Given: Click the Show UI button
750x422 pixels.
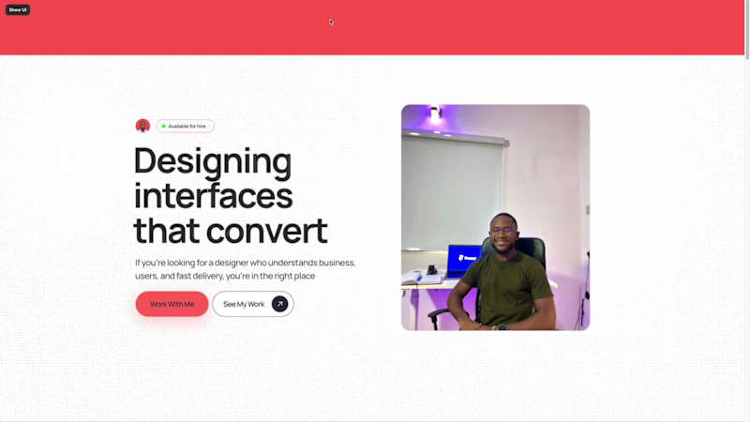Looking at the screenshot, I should pyautogui.click(x=18, y=9).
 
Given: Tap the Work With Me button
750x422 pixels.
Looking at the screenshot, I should pyautogui.click(x=172, y=304).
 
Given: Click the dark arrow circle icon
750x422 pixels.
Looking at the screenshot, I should pyautogui.click(x=279, y=304).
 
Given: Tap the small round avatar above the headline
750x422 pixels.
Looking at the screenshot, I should pyautogui.click(x=142, y=126).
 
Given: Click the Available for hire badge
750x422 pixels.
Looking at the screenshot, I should pyautogui.click(x=186, y=126).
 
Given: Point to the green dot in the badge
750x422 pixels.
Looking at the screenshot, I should pyautogui.click(x=163, y=126).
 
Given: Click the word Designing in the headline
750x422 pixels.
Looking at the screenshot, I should pyautogui.click(x=213, y=162).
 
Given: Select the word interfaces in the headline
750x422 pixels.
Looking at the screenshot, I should pyautogui.click(x=213, y=197).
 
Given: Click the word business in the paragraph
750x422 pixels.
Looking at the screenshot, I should pyautogui.click(x=333, y=263).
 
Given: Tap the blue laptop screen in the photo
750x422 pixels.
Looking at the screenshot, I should pyautogui.click(x=462, y=258).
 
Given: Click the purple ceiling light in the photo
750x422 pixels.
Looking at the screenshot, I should pyautogui.click(x=434, y=115).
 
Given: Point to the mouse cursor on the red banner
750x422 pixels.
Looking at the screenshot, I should pyautogui.click(x=331, y=22).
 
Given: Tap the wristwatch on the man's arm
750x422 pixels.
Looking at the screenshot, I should pyautogui.click(x=502, y=326).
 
